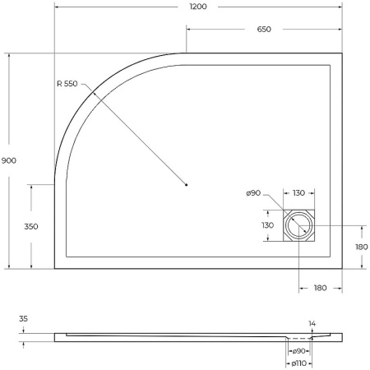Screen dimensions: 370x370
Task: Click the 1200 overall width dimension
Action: click(x=197, y=7)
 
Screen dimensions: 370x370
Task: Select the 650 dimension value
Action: click(x=263, y=29)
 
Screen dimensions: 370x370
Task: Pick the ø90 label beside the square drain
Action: click(x=253, y=193)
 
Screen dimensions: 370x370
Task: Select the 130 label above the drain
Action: click(x=298, y=193)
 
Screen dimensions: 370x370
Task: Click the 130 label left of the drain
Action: click(x=267, y=224)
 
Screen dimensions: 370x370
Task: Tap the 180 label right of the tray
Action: click(x=362, y=246)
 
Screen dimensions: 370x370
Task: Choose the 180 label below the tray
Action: click(x=320, y=288)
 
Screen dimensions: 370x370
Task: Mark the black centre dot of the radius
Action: click(x=187, y=184)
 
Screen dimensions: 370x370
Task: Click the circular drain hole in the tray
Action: click(x=299, y=224)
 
